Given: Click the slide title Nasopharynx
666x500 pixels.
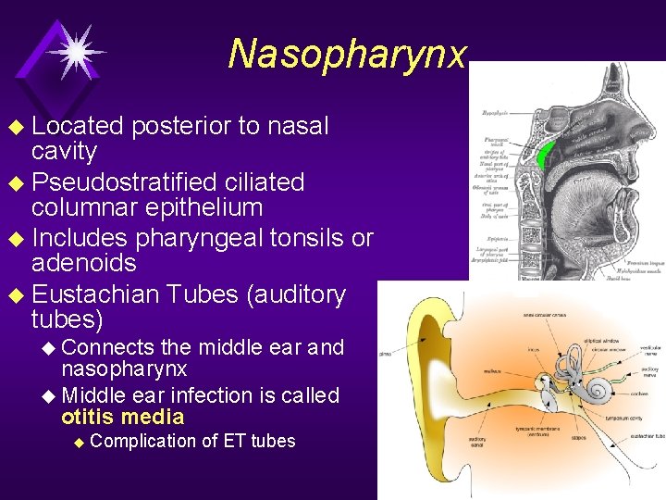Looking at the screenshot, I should tap(348, 54).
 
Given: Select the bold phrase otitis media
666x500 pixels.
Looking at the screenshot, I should tap(123, 418).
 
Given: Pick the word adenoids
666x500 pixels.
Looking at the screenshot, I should tap(83, 264).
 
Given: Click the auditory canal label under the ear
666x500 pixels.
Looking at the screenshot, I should tap(478, 443).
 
